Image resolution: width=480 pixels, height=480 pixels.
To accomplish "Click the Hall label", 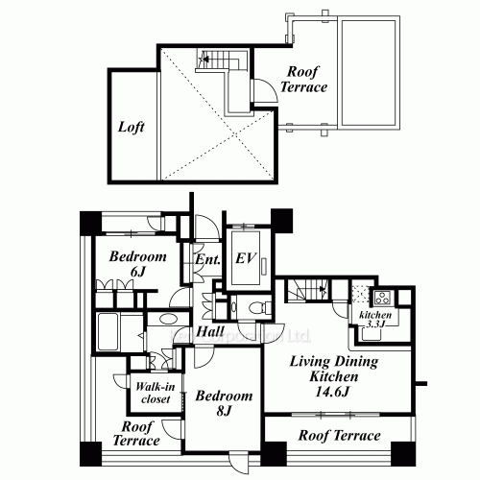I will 210,331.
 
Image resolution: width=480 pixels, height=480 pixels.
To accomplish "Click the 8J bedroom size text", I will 223,413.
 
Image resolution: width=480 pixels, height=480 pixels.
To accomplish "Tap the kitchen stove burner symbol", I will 377,296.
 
